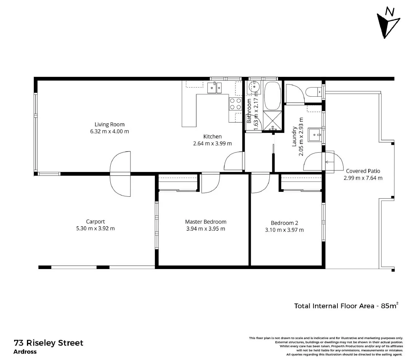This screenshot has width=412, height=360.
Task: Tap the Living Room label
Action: tap(110, 124)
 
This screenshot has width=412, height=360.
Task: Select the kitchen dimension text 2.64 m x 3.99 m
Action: tap(212, 143)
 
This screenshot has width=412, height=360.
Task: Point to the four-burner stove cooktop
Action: tap(235, 104)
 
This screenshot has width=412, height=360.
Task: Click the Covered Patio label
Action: tap(363, 171)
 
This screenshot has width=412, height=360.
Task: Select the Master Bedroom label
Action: tap(205, 222)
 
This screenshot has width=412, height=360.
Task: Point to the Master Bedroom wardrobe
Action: tap(178, 183)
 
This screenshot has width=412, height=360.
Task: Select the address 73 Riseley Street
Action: tap(48, 343)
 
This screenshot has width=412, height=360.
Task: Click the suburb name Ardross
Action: tap(25, 352)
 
